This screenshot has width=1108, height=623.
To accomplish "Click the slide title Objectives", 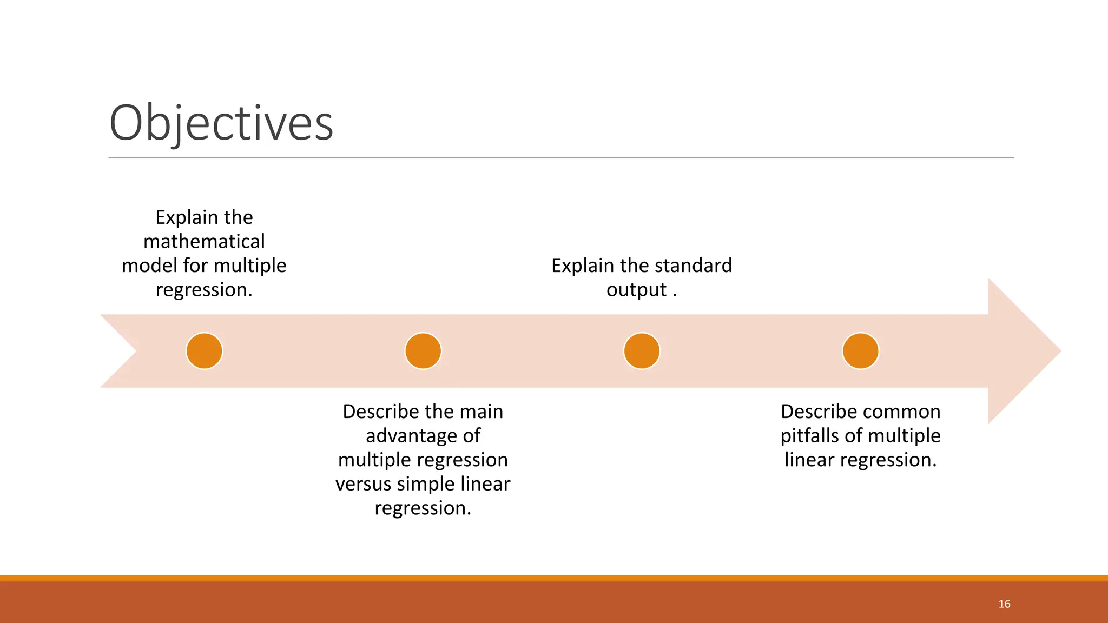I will coord(221,123).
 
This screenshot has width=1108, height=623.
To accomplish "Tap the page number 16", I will coord(1004,604).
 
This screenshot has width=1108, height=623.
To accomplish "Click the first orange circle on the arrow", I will coord(204,351).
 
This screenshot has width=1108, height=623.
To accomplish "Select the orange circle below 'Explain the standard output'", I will coord(642,351).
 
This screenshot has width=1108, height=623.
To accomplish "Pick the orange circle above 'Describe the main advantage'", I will coord(423,351).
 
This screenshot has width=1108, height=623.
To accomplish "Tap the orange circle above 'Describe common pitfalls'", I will coord(860,351).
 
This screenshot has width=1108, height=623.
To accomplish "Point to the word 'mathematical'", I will coord(204,241).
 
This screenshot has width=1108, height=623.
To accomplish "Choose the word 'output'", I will coord(636,290).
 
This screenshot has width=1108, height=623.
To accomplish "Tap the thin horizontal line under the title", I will coord(561,158).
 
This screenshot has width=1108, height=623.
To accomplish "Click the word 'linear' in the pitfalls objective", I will coord(809,460).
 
